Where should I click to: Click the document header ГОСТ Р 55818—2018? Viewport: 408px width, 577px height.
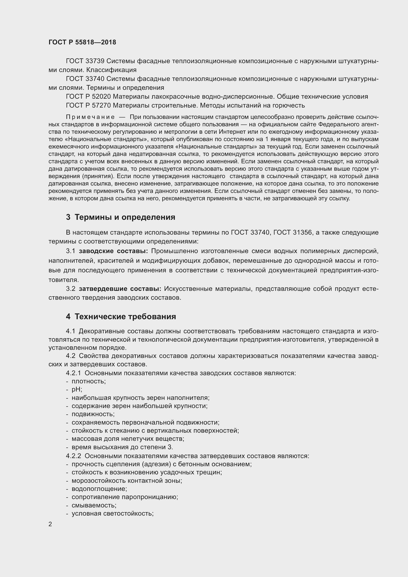point(82,42)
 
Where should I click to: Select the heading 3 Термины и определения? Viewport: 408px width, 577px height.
point(121,217)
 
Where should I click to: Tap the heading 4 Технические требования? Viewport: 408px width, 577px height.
point(121,317)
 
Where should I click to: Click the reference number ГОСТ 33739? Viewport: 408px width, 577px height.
point(85,61)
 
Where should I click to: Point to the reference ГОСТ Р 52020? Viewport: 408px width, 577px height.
point(89,96)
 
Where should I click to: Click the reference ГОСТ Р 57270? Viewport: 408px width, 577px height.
point(89,105)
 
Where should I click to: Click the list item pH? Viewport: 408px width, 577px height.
point(77,390)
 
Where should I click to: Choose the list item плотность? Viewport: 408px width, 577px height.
point(89,381)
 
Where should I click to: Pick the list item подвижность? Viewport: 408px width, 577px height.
point(93,414)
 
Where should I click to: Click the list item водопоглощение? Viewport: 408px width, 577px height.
point(99,489)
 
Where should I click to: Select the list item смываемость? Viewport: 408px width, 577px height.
point(94,505)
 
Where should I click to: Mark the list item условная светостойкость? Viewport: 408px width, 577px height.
point(112,513)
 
